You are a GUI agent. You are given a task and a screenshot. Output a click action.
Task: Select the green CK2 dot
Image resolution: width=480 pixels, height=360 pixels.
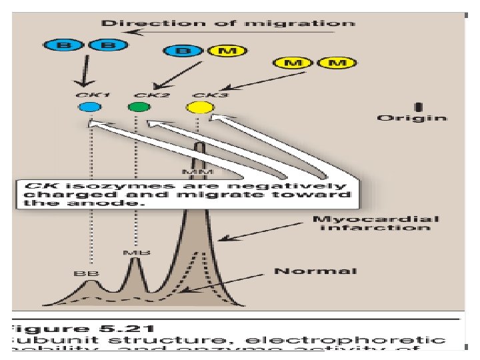(x=139, y=107)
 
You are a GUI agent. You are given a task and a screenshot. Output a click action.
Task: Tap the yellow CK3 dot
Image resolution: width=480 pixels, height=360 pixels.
(x=199, y=107)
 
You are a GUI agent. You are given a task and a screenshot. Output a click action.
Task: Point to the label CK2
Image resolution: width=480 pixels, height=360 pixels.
(x=147, y=96)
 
